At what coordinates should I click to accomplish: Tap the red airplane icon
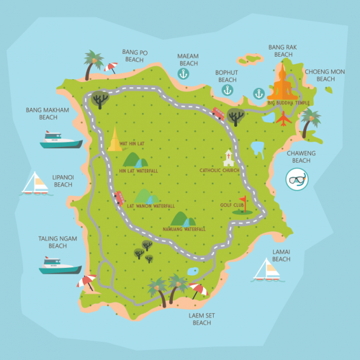pos(284,119)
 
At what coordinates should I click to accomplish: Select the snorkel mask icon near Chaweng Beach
pos(297,179)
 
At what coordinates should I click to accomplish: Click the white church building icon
pos(228,159)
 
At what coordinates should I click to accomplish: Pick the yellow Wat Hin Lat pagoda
pos(114,140)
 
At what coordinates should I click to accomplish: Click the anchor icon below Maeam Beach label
pos(184,74)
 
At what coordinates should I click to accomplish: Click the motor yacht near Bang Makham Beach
pos(60,139)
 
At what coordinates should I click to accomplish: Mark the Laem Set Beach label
pos(202,319)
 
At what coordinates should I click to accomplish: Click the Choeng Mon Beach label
pos(325,76)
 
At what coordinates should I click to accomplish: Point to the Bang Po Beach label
pos(135,55)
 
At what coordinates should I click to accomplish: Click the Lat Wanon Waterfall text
pos(150,206)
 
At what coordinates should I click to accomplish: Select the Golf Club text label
pos(232,205)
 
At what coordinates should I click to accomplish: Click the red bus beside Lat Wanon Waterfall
pos(119,197)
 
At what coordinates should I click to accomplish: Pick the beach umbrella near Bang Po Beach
pos(110,67)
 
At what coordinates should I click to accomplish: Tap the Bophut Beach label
pos(227,76)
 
